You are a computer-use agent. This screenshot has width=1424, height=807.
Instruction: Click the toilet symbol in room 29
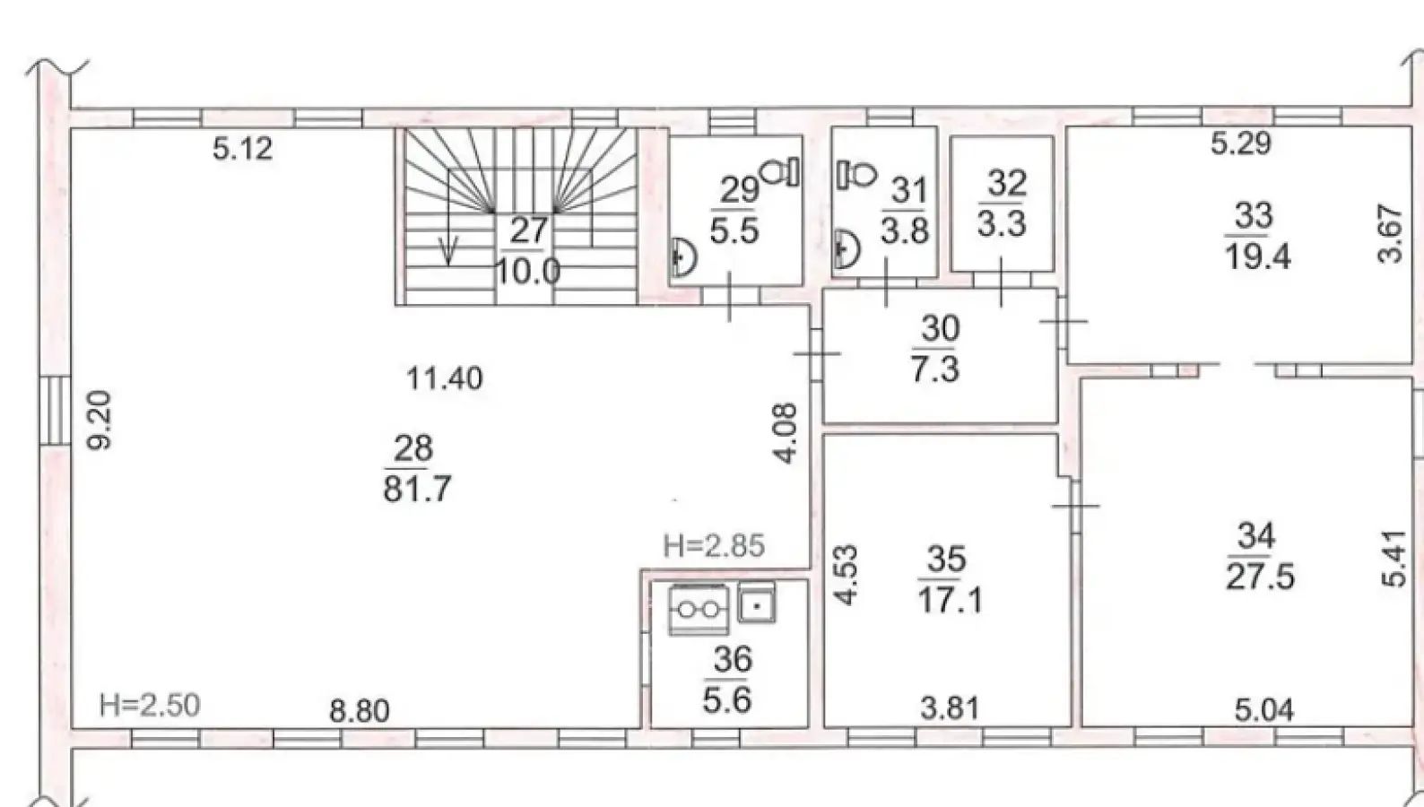780,171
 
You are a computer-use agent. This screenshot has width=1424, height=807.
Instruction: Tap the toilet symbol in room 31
856,174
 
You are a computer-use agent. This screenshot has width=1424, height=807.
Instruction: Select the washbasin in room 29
684,256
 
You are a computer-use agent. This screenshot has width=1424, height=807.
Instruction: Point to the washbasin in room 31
847,249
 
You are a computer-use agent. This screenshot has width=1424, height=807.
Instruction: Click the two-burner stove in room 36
699,610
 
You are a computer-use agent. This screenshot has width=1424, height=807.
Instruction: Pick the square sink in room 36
757,603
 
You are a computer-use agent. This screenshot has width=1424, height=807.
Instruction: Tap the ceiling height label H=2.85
713,546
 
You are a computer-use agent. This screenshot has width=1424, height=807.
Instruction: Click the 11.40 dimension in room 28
445,378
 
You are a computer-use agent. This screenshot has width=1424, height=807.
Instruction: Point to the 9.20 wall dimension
100,420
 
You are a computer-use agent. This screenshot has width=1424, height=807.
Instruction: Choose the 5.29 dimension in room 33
1241,143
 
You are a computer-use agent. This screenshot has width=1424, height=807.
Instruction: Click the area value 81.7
418,489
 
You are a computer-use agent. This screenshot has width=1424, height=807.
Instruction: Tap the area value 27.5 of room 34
1260,577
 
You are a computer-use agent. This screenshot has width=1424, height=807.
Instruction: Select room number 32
1006,183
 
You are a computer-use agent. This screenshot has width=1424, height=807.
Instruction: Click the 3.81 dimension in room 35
950,707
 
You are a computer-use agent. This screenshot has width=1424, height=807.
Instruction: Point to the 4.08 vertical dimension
786,433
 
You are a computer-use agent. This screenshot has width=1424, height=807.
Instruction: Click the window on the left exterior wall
56,411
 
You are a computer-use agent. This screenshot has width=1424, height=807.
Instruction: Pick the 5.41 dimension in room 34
1394,559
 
